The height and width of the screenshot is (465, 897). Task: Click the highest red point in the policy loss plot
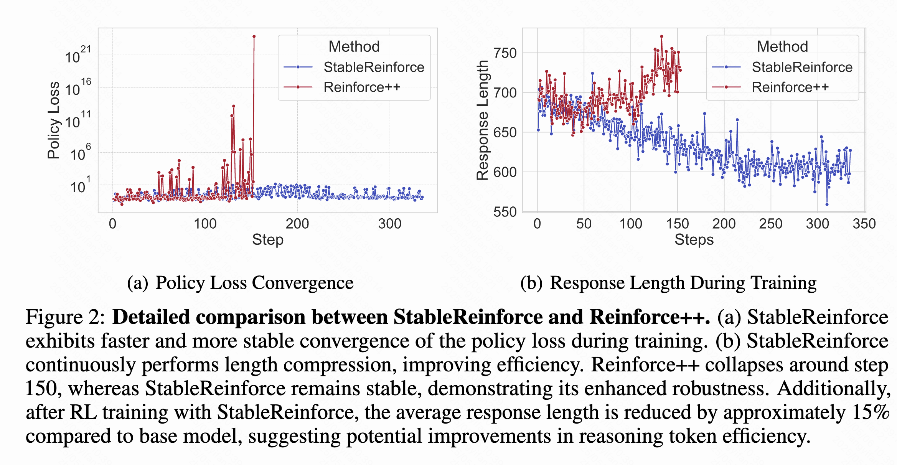tap(254, 36)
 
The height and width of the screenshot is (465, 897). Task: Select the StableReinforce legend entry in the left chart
tap(374, 67)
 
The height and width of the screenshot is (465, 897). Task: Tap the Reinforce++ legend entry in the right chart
tap(790, 87)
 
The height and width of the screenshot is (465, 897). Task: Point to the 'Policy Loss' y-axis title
tap(53, 120)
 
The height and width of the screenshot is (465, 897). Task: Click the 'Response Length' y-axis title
tap(482, 120)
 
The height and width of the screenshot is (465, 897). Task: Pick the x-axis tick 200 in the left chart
tap(297, 224)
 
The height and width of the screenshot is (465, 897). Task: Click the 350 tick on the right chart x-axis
tap(864, 224)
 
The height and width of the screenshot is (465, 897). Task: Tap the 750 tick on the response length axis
tap(505, 53)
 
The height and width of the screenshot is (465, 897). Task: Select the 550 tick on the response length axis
tap(505, 212)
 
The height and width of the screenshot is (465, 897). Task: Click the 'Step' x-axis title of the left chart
tap(268, 240)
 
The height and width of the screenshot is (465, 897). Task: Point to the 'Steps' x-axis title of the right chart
tap(694, 240)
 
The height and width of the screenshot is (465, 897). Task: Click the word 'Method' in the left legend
tap(354, 46)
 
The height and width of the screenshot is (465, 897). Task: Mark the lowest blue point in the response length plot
tap(827, 204)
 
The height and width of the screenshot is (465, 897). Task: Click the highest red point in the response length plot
tap(661, 36)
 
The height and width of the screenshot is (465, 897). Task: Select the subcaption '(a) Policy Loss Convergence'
tap(240, 283)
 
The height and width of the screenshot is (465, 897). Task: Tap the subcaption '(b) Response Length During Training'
tap(668, 283)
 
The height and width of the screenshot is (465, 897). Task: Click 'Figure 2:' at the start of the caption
tap(65, 318)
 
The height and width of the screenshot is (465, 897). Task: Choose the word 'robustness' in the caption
tap(721, 389)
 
